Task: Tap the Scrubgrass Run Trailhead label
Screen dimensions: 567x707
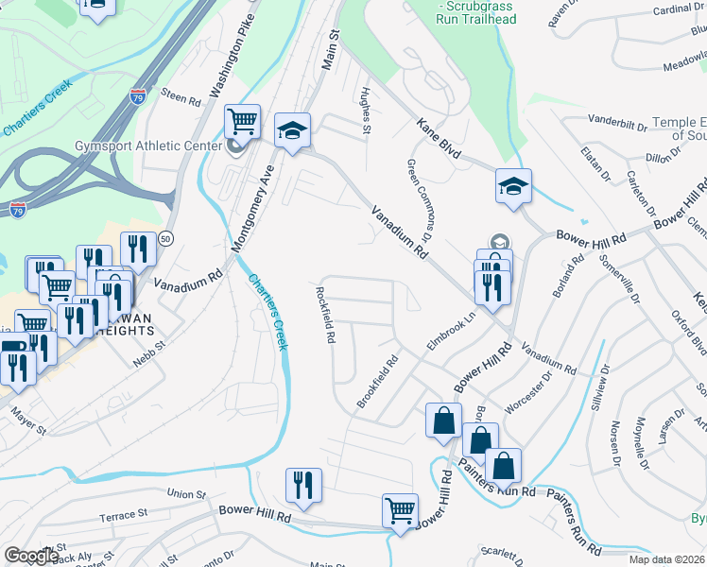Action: [476, 13]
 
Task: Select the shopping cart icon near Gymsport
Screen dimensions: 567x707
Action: [243, 122]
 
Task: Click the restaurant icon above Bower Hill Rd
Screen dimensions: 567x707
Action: [303, 485]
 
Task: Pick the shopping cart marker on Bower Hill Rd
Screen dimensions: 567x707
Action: [400, 511]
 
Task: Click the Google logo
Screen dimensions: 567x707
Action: [31, 556]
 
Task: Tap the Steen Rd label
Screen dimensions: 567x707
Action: [181, 97]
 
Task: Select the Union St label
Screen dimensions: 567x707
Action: [185, 494]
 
